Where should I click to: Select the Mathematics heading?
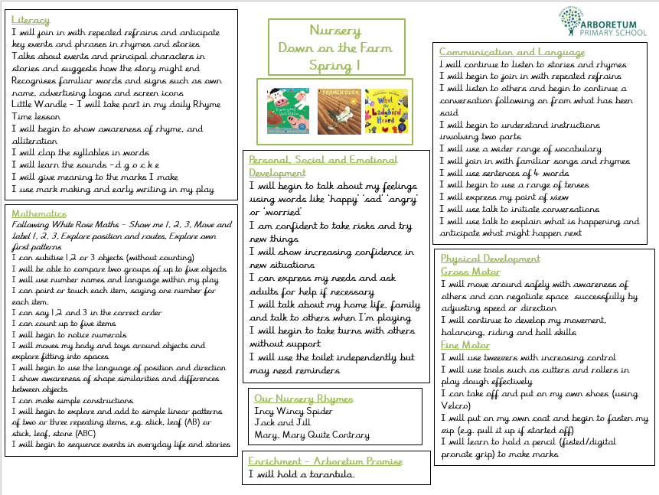click(39, 213)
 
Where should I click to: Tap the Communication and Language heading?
click(512, 52)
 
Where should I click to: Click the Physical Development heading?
click(490, 259)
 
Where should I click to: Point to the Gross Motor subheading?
click(470, 271)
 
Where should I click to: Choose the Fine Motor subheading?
click(465, 345)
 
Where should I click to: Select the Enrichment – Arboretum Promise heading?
click(325, 461)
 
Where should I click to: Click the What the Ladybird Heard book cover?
click(382, 112)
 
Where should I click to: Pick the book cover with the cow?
click(287, 112)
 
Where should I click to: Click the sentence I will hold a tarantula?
click(302, 475)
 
